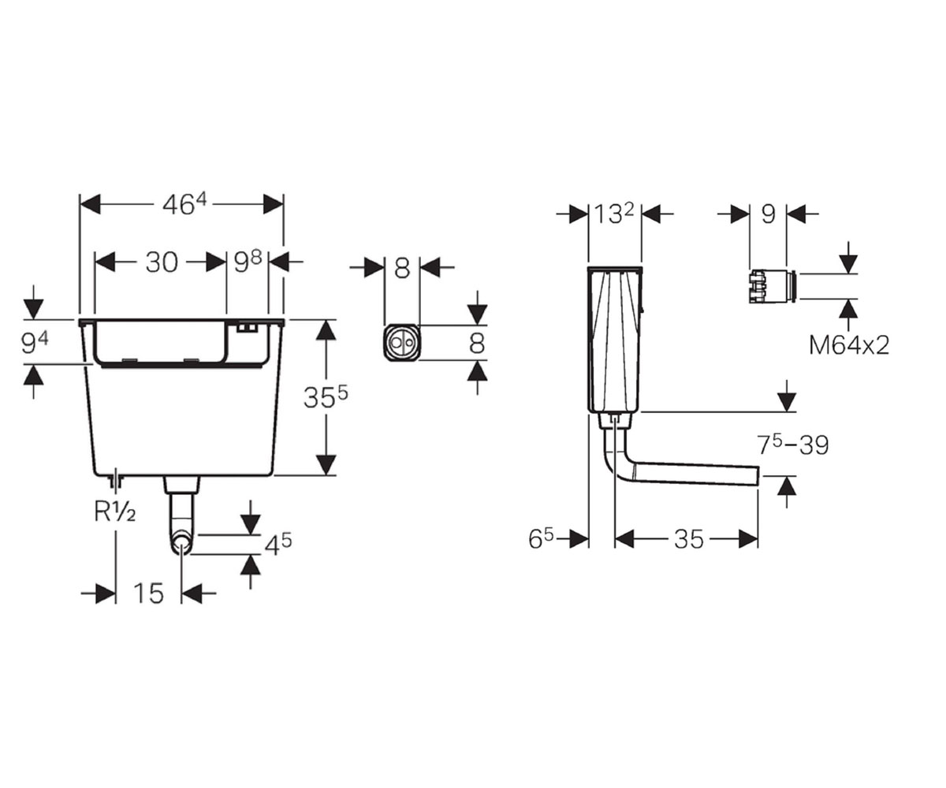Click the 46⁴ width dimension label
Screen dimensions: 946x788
(184, 205)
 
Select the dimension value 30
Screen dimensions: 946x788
(162, 262)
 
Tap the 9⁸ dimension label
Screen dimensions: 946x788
(248, 262)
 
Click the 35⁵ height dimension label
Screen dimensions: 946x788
(326, 396)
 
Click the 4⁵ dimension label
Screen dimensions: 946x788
(277, 545)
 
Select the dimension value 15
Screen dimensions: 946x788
(149, 593)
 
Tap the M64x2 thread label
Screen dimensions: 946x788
(849, 346)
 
